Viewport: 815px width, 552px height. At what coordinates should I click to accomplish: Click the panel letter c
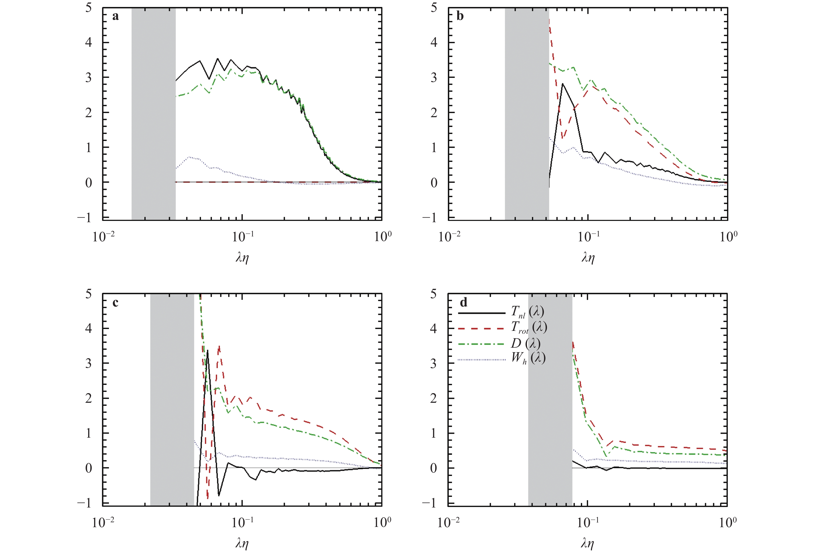115,303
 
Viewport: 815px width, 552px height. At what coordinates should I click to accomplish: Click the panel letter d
463,302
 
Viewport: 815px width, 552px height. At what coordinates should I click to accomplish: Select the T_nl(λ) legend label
527,312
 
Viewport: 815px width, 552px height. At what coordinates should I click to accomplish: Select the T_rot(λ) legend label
529,327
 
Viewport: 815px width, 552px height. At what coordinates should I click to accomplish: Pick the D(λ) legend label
525,343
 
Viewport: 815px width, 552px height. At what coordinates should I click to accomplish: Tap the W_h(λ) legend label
528,358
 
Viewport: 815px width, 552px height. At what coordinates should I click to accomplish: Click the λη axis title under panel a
242,258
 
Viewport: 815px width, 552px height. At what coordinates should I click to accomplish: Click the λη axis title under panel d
587,543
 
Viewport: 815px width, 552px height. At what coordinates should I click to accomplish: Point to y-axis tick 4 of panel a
88,42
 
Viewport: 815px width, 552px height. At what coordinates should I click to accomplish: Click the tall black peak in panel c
208,351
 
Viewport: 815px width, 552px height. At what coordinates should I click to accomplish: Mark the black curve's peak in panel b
562,84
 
